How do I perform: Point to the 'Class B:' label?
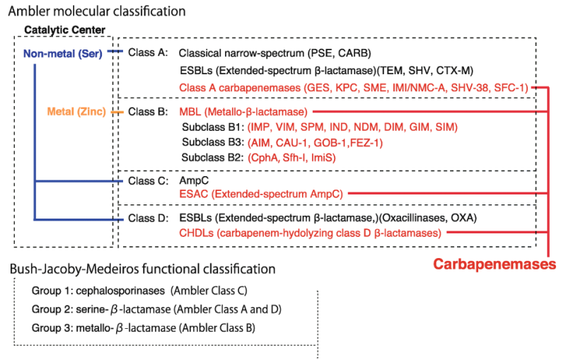click(x=147, y=112)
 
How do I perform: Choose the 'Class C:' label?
click(x=147, y=180)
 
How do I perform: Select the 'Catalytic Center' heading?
click(x=65, y=29)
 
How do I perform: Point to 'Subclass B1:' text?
click(x=212, y=127)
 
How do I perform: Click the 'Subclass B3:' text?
click(x=212, y=142)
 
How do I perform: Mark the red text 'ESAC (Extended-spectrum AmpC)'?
click(x=261, y=192)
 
